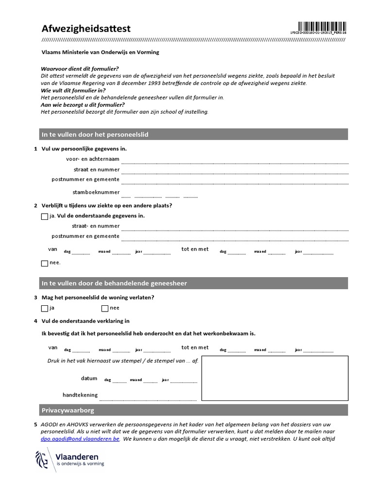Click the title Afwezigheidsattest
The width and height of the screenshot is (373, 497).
coord(86,29)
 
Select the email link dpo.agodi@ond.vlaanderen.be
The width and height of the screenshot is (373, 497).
coord(81,439)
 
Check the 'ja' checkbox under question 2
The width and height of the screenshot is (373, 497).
coord(45,216)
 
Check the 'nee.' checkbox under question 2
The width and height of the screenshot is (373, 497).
coord(45,263)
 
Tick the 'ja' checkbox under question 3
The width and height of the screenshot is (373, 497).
coord(45,308)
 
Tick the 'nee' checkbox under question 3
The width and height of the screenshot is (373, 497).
coord(104,308)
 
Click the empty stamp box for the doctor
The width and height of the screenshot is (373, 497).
coord(274,378)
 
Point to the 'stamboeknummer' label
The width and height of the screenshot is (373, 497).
coord(96,192)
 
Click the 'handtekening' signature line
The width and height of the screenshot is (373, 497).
coord(148,397)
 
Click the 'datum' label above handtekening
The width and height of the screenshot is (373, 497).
coord(89,379)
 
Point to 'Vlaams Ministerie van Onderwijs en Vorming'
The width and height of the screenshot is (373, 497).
coord(100,52)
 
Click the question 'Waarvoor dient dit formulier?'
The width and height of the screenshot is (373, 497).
coord(80,69)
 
